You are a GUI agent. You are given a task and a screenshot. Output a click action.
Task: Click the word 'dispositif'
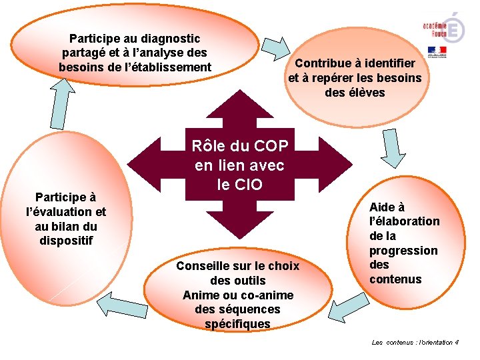coord(65,240)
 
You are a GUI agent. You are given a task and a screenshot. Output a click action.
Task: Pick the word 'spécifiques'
coord(238,324)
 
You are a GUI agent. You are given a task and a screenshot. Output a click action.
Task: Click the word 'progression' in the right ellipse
coord(403,250)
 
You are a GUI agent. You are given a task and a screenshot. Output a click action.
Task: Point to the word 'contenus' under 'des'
coord(395,279)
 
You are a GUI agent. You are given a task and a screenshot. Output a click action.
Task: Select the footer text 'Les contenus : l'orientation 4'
coord(415,342)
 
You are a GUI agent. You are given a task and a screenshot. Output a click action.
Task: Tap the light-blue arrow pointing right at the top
coord(275,48)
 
